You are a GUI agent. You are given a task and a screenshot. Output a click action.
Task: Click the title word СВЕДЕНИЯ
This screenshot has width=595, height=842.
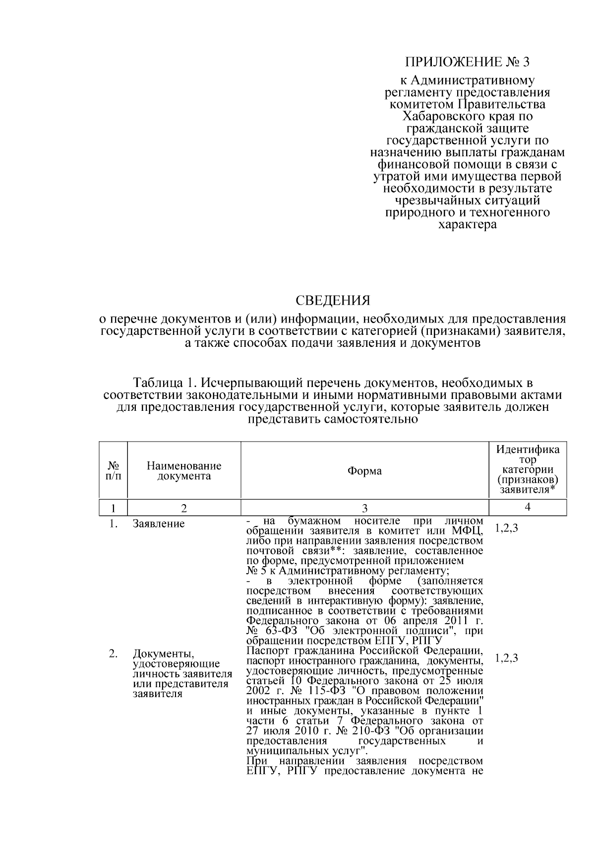(333, 301)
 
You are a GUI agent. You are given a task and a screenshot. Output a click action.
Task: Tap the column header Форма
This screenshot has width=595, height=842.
(364, 471)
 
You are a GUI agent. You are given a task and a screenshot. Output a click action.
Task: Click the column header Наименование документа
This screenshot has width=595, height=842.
(184, 471)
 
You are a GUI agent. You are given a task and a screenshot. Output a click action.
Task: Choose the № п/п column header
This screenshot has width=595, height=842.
(113, 471)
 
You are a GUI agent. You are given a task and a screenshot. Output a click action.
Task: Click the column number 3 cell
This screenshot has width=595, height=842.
(364, 508)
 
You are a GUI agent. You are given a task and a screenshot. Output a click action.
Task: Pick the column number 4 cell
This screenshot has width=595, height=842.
(528, 507)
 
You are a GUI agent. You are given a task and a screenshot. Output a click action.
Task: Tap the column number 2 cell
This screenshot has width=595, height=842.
(184, 508)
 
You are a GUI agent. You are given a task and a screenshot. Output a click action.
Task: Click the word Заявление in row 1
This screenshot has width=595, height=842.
(159, 524)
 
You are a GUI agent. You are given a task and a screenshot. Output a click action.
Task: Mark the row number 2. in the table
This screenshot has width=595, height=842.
(113, 654)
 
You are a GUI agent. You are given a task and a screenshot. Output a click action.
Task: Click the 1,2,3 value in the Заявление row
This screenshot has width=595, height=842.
(507, 528)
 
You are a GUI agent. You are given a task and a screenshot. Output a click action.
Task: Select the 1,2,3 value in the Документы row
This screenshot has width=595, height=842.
(507, 658)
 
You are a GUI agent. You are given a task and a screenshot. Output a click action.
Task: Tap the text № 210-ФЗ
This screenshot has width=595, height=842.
(356, 731)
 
